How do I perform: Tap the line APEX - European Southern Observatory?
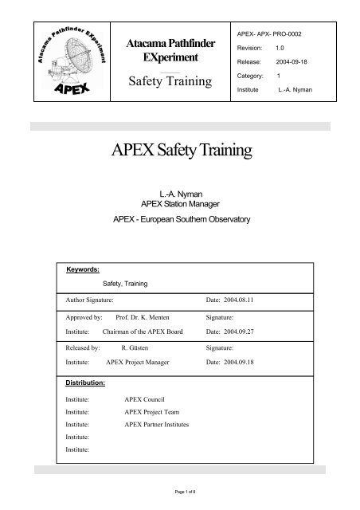point(179,219)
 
